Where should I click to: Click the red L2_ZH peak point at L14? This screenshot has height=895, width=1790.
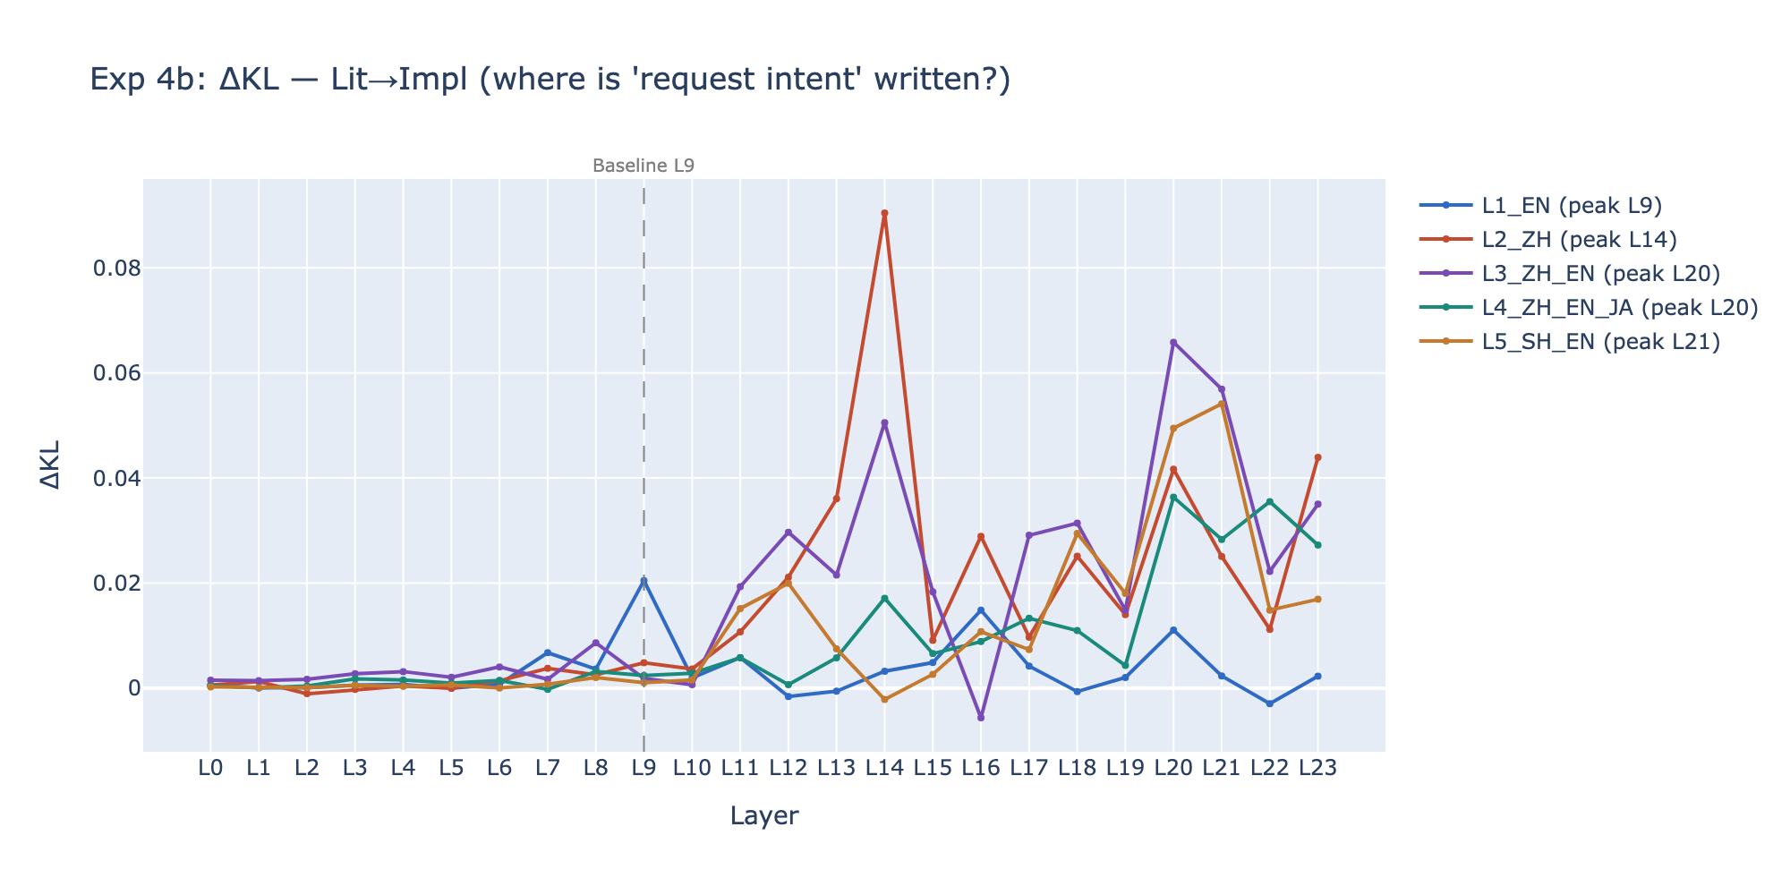click(884, 214)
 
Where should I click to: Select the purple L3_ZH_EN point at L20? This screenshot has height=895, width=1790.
click(1173, 343)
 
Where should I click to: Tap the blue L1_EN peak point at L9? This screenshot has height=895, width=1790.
click(644, 581)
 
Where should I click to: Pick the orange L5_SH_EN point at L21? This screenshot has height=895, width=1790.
click(1222, 404)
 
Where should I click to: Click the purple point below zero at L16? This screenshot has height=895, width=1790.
click(981, 718)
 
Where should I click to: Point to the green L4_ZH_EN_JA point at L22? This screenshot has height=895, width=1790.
click(1269, 502)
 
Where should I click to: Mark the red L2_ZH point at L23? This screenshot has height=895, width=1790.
click(1317, 457)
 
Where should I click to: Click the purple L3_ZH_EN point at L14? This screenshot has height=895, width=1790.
click(884, 422)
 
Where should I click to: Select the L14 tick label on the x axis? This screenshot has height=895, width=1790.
click(884, 768)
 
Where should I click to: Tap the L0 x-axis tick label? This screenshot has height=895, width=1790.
click(210, 768)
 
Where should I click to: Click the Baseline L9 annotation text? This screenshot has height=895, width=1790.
click(644, 166)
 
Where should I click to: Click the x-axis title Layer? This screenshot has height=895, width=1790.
click(763, 816)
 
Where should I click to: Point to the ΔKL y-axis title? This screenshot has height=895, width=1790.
click(51, 465)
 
